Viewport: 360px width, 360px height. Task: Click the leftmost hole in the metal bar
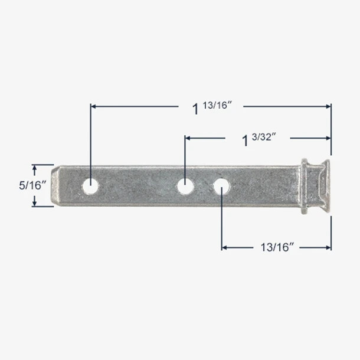click(90, 186)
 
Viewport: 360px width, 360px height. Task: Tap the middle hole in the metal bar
click(185, 186)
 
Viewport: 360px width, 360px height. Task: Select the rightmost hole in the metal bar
click(221, 186)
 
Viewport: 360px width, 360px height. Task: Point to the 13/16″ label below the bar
click(276, 248)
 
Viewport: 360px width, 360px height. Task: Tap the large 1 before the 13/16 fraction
click(195, 109)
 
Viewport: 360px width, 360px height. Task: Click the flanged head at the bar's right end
click(314, 185)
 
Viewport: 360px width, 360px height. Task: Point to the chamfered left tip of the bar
click(55, 185)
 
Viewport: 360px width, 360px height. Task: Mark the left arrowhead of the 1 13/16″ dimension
click(93, 106)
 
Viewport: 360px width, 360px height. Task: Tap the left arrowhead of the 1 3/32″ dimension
click(188, 138)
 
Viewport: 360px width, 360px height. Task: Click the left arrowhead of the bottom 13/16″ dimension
click(225, 247)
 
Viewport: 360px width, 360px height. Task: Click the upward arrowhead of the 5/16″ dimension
click(34, 168)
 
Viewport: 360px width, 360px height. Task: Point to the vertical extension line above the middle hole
click(185, 156)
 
